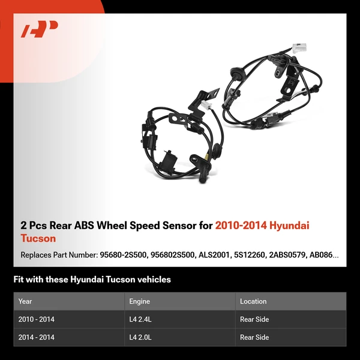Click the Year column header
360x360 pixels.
point(25,301)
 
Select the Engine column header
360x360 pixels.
point(139,301)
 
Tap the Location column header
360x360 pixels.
point(253,301)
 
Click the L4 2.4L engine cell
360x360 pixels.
point(142,319)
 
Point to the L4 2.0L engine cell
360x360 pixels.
point(142,337)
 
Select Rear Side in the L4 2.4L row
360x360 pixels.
point(254,319)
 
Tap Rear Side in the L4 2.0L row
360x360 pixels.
point(254,337)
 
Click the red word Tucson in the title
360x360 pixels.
point(38,238)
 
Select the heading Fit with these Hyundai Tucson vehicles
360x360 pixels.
point(92,279)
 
